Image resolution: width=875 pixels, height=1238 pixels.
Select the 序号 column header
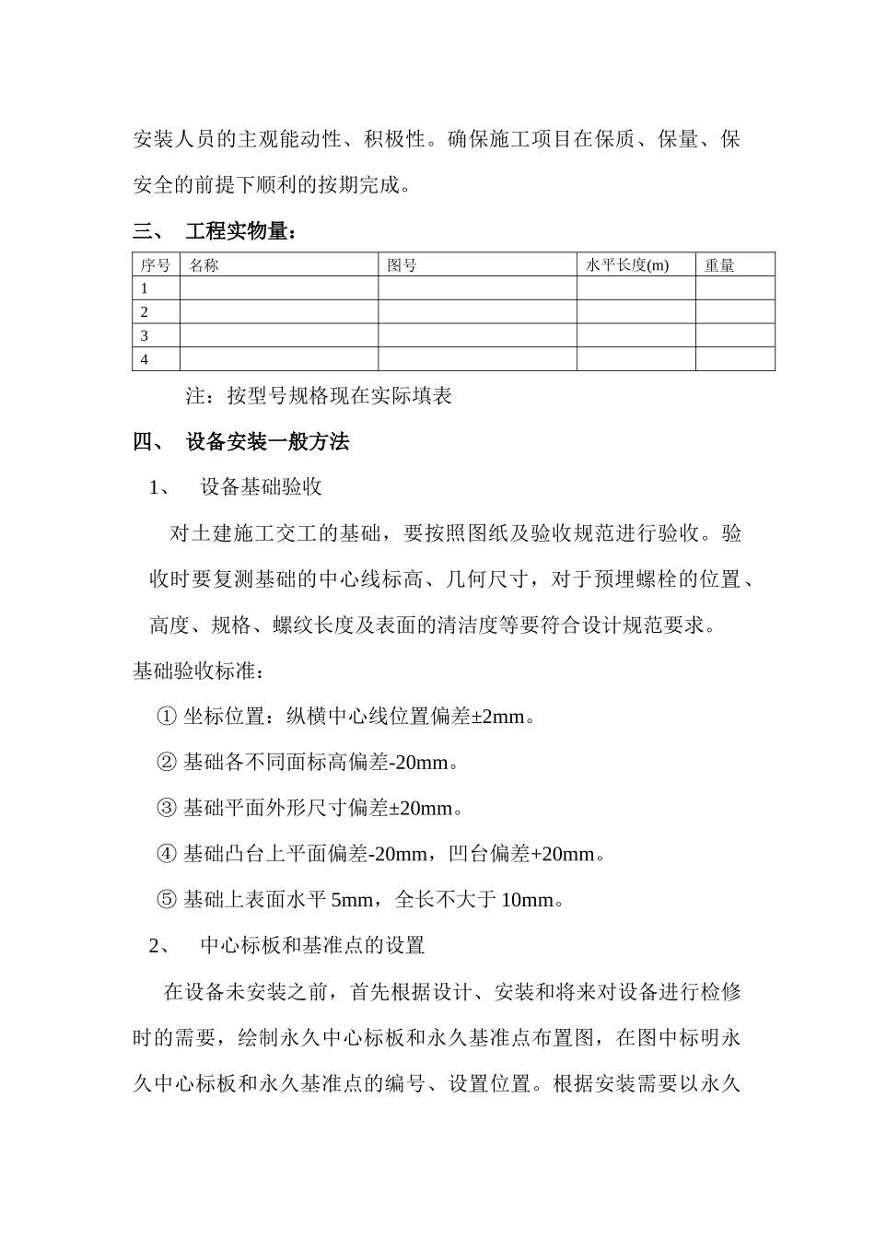[156, 265]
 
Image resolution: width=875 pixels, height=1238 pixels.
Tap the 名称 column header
[204, 265]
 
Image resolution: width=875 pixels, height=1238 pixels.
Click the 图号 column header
[402, 265]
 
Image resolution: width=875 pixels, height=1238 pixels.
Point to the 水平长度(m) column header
[627, 265]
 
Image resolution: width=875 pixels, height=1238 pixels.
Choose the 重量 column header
[719, 265]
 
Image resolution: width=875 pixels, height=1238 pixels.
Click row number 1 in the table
[145, 288]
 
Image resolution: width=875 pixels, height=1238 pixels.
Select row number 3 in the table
[145, 336]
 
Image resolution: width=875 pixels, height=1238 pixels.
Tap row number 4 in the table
[145, 359]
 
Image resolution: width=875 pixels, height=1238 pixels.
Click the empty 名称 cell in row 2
[278, 312]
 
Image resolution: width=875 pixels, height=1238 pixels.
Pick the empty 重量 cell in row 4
[734, 359]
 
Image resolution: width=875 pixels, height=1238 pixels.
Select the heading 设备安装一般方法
[267, 442]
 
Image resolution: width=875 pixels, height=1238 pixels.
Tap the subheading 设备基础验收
[262, 487]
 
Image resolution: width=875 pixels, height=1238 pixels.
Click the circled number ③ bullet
[167, 808]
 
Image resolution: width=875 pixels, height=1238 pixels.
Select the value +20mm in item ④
[563, 854]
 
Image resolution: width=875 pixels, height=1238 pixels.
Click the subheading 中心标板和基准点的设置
[312, 945]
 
